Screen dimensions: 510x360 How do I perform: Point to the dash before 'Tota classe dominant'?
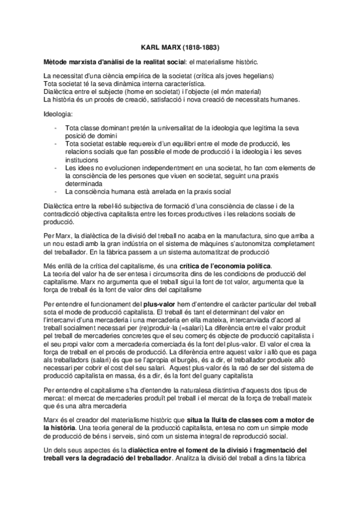[x=55, y=129]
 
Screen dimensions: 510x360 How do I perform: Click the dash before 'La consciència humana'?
[x=55, y=192]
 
